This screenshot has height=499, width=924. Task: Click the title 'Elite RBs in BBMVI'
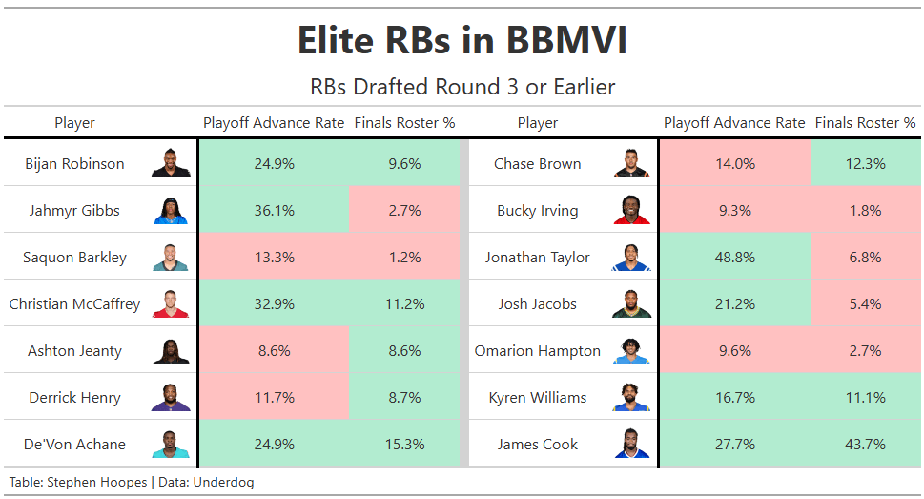coord(462,40)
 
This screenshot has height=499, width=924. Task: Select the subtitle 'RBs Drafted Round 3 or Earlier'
coord(462,87)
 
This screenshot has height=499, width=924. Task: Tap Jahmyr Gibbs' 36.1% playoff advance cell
coord(274,211)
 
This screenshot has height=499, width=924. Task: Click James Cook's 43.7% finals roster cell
coord(865,445)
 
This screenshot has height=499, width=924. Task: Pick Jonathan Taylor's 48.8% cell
coord(735,258)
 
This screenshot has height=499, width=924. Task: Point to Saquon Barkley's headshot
coord(171,258)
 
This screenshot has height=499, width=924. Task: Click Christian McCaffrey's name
coord(74,303)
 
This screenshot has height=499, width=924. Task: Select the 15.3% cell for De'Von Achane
coord(404,445)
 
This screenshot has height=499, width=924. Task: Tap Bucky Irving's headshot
coord(631,210)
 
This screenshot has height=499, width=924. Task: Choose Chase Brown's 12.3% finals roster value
coord(865,163)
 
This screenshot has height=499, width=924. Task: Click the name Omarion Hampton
coord(538,351)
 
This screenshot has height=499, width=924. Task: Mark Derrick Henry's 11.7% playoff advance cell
coord(274,398)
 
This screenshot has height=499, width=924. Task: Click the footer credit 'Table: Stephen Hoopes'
coord(78,482)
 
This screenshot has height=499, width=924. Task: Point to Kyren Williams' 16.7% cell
coord(735,398)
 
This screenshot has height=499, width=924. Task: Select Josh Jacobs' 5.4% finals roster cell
coord(865,303)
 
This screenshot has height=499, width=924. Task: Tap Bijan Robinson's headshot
coord(171,163)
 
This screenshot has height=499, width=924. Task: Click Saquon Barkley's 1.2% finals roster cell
coord(404,258)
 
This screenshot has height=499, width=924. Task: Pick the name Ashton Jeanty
coord(74,351)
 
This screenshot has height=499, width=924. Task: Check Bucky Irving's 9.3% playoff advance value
coord(735,211)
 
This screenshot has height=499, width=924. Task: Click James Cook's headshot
coord(631,444)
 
